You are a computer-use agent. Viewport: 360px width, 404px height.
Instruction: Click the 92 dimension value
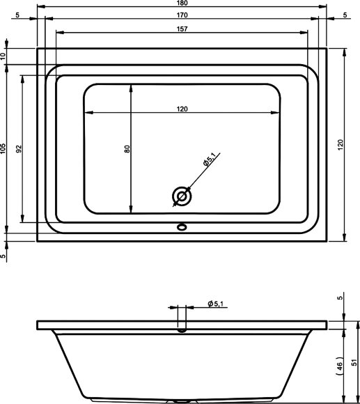pos(19,148)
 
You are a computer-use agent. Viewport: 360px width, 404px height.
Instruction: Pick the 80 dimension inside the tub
pos(126,148)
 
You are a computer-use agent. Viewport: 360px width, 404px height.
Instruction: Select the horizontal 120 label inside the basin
pos(182,109)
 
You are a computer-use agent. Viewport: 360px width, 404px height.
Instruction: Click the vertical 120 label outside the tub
pos(341,145)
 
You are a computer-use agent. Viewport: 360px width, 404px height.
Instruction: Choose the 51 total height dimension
pos(354,362)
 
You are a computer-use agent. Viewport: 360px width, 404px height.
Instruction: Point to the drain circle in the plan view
pos(182,197)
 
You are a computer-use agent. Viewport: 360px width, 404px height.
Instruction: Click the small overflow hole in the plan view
pos(182,226)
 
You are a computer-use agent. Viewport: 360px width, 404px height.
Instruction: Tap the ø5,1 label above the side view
pos(215,304)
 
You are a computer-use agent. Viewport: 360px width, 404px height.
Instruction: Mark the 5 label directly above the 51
pos(341,298)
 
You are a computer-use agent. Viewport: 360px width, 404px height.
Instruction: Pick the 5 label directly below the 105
pos(4,256)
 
